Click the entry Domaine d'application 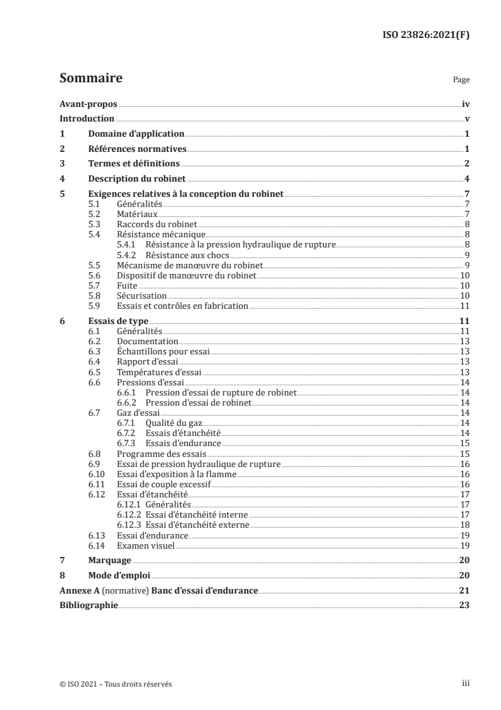click(136, 134)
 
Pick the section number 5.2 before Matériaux click(94, 215)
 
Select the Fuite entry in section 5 click(128, 286)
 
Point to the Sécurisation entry click(143, 296)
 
